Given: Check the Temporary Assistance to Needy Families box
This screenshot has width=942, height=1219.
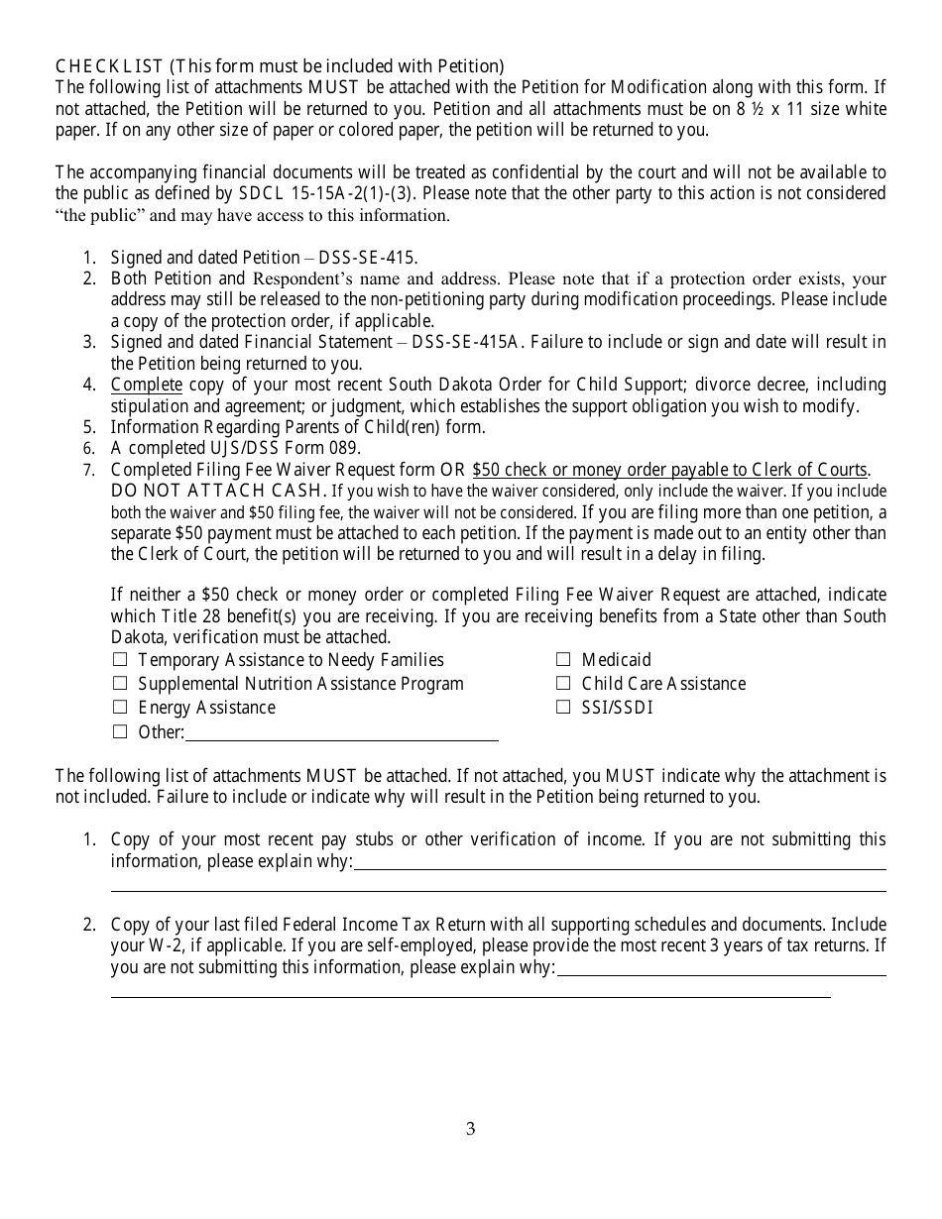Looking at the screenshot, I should pyautogui.click(x=120, y=660).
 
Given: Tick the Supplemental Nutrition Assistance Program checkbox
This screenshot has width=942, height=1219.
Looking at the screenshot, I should pyautogui.click(x=120, y=684).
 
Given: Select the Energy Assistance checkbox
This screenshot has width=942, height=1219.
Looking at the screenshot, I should pyautogui.click(x=120, y=708).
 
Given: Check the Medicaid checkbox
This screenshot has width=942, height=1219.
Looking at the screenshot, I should pyautogui.click(x=563, y=660).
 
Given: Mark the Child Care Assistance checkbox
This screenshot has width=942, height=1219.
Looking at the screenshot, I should pyautogui.click(x=563, y=684).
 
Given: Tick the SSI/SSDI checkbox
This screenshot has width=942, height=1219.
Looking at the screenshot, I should pyautogui.click(x=563, y=708).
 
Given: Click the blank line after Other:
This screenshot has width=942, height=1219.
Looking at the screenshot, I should pyautogui.click(x=342, y=733).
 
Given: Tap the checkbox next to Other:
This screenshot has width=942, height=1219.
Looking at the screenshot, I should pyautogui.click(x=120, y=732).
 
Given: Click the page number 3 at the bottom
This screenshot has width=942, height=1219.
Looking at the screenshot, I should pyautogui.click(x=471, y=1129).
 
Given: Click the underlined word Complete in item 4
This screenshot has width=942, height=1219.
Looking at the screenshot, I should pyautogui.click(x=146, y=385).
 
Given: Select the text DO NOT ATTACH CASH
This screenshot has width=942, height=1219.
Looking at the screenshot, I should pyautogui.click(x=218, y=491).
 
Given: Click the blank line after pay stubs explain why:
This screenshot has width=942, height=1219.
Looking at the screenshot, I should pyautogui.click(x=620, y=862).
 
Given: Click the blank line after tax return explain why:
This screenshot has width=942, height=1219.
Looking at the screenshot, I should pyautogui.click(x=721, y=968).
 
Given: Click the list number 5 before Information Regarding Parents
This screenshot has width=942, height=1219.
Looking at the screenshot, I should pyautogui.click(x=89, y=428).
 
